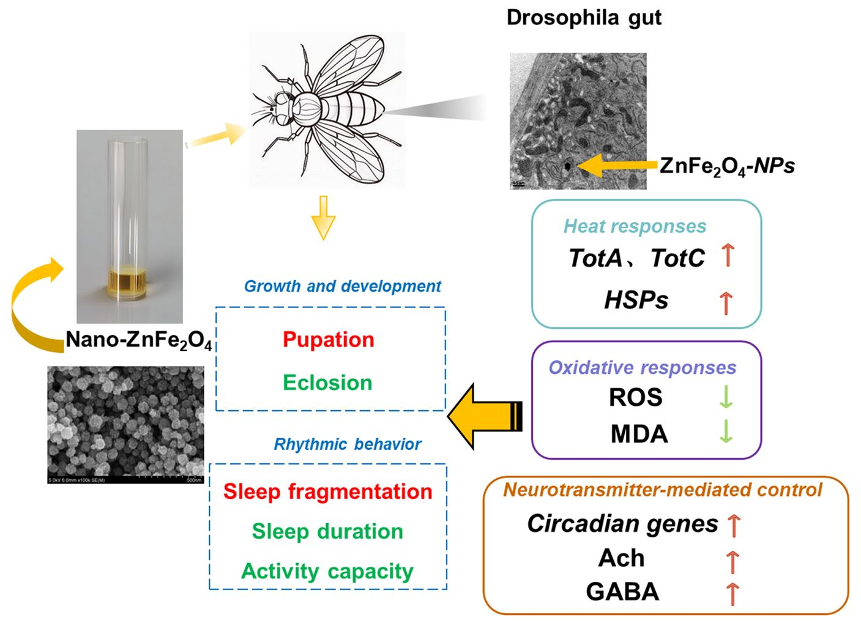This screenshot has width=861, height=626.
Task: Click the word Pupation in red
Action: pos(329,340)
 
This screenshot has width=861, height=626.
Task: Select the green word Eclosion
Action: pos(327,383)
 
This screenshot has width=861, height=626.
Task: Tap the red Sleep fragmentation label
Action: pos(327,492)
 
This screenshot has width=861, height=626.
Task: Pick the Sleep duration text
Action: pos(327,531)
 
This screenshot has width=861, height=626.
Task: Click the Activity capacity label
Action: pos(327,571)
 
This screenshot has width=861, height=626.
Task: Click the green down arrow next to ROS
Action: pos(726,397)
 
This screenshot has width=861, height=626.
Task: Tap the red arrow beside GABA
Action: pos(732,593)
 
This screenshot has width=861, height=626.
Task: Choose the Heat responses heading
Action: pos(635,226)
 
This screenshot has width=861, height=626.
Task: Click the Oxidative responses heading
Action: pos(642,367)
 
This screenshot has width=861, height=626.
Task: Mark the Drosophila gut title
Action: pos(584,17)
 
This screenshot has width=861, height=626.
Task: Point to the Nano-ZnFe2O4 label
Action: pos(139,340)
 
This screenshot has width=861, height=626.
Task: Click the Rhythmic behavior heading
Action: pos(347,444)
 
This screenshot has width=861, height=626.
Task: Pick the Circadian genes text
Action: pos(622,524)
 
